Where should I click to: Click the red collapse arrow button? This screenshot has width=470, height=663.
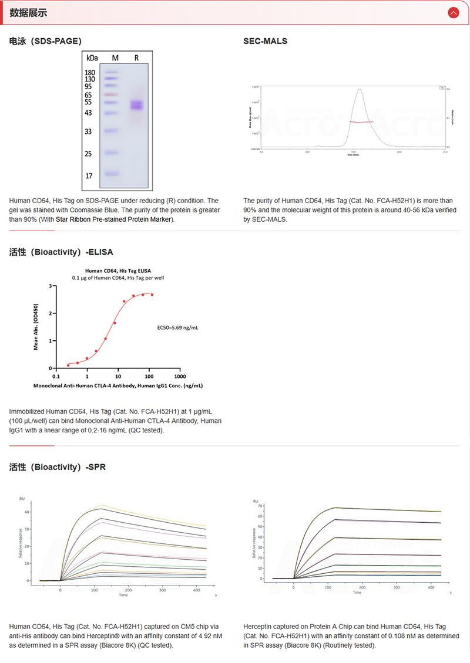coord(453,12)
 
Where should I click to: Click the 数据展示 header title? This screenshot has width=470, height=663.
coord(28,13)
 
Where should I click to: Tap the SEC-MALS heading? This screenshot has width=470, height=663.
coord(265,41)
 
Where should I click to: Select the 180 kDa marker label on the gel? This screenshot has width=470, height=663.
coord(90,72)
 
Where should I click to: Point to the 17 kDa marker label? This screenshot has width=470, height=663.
coord(89,175)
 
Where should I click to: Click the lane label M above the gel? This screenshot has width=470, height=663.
coord(115,57)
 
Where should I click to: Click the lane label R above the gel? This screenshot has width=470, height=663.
coord(136,57)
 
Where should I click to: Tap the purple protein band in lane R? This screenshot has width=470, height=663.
coord(137,106)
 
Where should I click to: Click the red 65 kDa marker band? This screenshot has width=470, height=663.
coord(111,94)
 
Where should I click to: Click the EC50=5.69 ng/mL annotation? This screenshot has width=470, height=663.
coord(178,327)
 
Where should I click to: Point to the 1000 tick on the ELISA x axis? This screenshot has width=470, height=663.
coord(180,377)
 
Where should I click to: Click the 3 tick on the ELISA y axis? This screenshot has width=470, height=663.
coord(51,286)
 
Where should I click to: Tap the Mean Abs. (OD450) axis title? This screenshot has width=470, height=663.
coord(36,327)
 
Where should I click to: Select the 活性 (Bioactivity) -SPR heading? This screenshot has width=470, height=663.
coord(58,468)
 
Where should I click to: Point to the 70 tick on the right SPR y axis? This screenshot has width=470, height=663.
coord(254,508)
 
